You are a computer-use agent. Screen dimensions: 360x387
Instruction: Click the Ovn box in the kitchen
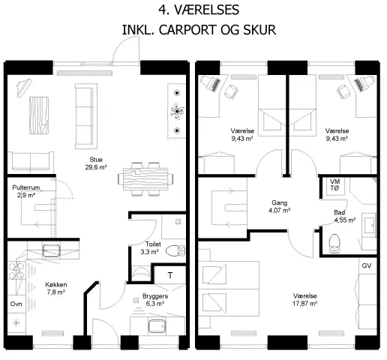pos(16,304)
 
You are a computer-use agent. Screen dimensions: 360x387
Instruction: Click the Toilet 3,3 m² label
pos(149,248)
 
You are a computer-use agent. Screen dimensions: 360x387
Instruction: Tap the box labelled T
pos(171,275)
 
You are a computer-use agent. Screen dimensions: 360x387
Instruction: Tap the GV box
pos(366,266)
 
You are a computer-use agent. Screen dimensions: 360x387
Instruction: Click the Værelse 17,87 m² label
pos(305,300)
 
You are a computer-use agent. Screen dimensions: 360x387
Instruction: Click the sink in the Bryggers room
pos(157,325)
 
